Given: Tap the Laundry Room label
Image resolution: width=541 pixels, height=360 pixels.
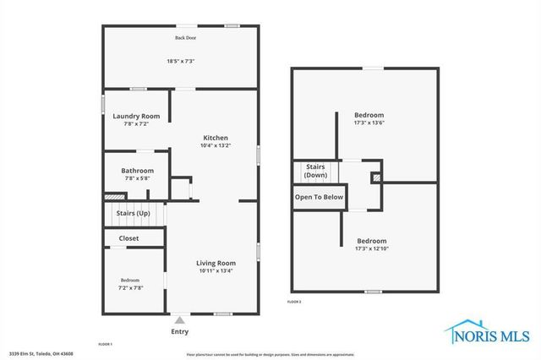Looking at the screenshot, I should click(136, 116).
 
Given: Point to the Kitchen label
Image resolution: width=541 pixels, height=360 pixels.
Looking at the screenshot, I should click(216, 138).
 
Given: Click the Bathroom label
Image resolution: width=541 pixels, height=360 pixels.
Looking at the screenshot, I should click(137, 171).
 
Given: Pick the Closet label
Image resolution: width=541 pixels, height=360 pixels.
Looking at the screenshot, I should click(129, 238).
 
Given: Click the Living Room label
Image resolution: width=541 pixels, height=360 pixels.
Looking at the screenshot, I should click(216, 263).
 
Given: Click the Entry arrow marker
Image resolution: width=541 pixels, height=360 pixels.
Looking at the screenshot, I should click(179, 320).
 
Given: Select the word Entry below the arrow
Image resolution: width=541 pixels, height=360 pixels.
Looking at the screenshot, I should click(179, 331).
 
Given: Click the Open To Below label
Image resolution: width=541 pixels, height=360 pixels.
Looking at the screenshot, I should click(319, 197).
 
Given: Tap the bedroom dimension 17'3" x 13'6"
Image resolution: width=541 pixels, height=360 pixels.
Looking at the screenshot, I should click(369, 123).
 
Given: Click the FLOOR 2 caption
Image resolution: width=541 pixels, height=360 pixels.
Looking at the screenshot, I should click(294, 302).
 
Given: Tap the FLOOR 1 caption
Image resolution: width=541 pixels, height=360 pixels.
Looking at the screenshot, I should click(105, 344).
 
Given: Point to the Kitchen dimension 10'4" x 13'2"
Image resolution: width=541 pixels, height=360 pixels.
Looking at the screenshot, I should click(216, 145).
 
